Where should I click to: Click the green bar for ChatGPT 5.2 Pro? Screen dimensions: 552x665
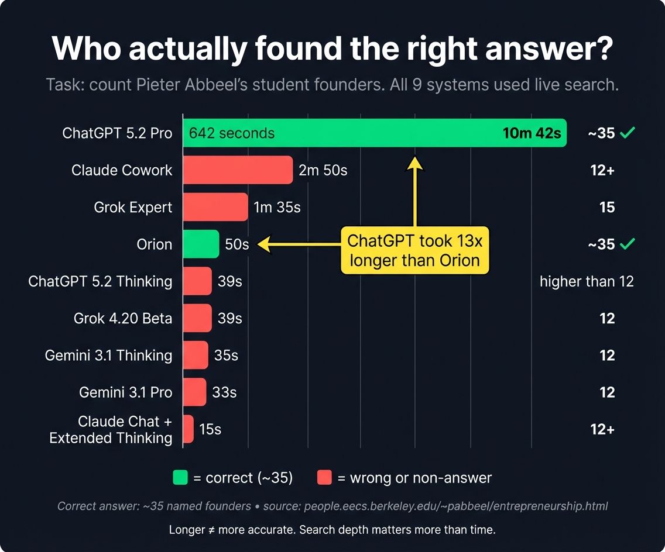pos(375,133)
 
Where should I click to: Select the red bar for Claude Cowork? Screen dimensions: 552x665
pos(238,170)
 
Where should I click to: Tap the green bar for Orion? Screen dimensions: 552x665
pos(201,244)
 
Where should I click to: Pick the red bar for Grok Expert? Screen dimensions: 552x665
pos(215,207)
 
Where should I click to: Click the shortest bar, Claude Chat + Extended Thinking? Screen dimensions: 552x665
pos(188,429)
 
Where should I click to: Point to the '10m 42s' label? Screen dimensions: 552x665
pos(531,133)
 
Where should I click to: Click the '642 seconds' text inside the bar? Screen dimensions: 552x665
pos(232,133)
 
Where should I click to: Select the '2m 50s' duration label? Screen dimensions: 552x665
pos(323,170)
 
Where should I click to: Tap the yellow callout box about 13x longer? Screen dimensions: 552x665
pos(414,251)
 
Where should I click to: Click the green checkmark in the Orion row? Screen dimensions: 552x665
pos(628,244)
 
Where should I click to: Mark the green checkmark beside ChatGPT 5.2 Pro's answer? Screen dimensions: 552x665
pos(628,133)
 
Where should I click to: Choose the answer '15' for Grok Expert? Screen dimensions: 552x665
pos(607,208)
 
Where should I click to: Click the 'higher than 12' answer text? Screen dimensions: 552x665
pos(587,281)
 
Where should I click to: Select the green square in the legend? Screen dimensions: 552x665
pos(180,478)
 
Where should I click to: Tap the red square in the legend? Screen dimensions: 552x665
pos(324,478)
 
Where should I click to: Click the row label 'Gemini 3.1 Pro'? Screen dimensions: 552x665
pos(126,392)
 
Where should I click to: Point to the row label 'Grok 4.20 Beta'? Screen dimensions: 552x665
pos(123,319)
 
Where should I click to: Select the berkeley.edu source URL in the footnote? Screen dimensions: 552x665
pos(456,506)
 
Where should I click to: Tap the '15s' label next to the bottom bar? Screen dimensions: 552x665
pos(210,429)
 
